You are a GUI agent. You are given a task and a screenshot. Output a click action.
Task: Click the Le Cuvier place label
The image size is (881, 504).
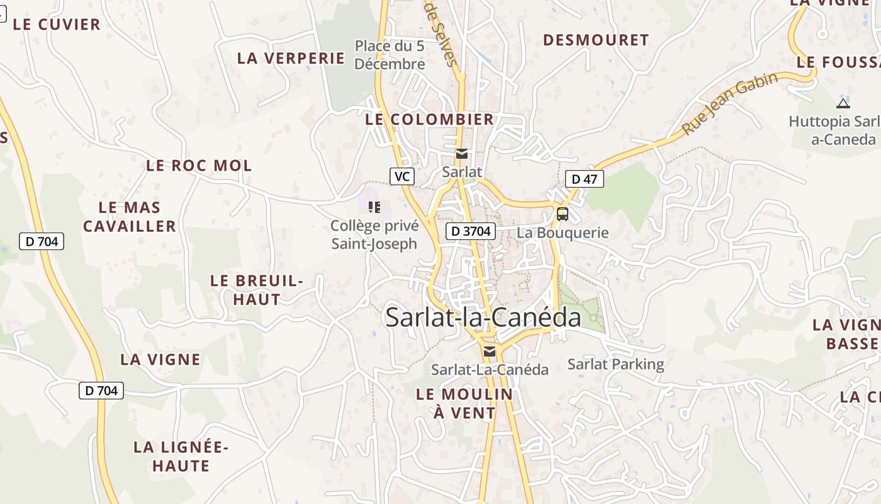coord(57,25)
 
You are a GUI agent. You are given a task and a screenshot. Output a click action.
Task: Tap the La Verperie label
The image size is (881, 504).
coord(291,58)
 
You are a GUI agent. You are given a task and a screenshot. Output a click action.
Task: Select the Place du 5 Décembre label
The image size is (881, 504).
coord(390,55)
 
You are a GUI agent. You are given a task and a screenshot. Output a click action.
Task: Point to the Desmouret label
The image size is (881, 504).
coord(595,40)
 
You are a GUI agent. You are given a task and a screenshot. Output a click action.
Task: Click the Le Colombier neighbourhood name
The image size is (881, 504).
coord(429,119)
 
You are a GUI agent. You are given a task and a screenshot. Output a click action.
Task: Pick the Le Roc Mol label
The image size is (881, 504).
coord(199,166)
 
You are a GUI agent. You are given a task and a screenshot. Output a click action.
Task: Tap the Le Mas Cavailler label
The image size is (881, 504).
coord(130,217)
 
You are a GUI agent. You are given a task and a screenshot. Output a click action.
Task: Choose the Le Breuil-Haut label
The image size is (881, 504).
coord(257,290)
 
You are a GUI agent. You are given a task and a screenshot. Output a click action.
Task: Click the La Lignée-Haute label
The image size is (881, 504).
coord(181,457)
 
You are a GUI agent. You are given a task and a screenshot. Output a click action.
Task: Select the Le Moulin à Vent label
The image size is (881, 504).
coord(464,403)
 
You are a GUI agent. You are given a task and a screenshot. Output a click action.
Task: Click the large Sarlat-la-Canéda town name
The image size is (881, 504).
coord(483,317)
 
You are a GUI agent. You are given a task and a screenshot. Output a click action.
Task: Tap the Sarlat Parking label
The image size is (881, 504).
coord(615,364)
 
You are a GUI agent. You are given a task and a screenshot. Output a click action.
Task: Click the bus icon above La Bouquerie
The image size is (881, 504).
coord(562,214)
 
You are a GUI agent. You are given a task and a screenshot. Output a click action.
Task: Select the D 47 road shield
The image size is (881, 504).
coord(584,179)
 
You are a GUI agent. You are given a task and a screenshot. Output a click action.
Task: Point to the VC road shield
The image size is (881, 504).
coord(401,176)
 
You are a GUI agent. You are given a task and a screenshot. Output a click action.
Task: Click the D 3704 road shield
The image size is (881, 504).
coord(471,231)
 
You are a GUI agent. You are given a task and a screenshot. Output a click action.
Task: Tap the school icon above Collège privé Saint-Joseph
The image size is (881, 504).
coord(374,207)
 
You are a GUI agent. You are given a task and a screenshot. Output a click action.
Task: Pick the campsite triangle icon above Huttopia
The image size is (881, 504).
coord(843,103)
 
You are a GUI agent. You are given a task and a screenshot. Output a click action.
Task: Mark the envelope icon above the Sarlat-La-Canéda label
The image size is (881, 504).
coord(489,352)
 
